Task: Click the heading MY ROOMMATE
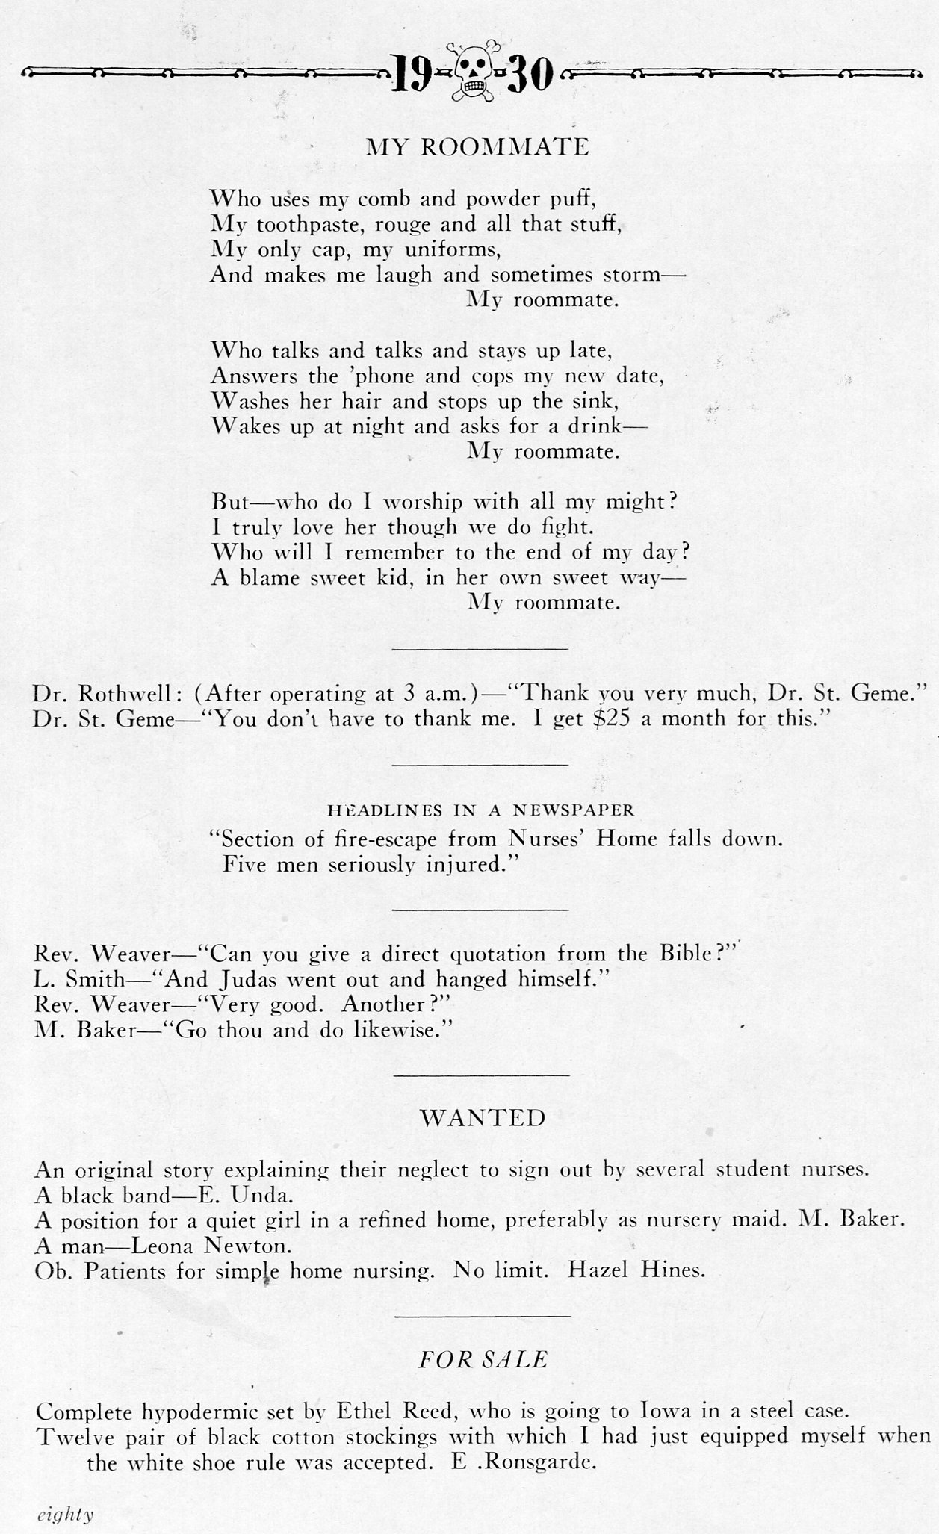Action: pyautogui.click(x=477, y=146)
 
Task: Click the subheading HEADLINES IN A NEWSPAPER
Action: pyautogui.click(x=480, y=810)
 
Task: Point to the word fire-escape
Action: pyautogui.click(x=383, y=839)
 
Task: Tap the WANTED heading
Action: pyautogui.click(x=483, y=1118)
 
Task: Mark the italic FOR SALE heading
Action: pyautogui.click(x=483, y=1359)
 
